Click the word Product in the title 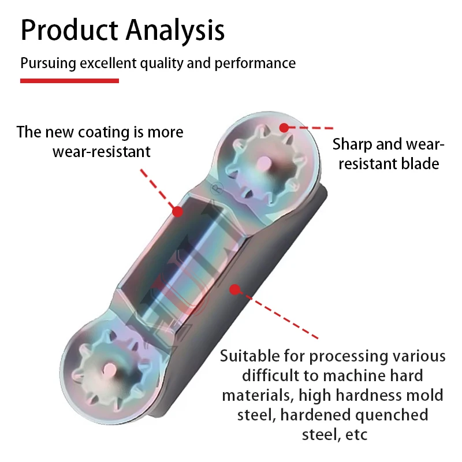click(69, 30)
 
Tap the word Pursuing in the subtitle click(48, 64)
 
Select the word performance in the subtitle click(255, 64)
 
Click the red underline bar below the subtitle click(69, 81)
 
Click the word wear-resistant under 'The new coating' click(102, 152)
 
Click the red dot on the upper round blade click(284, 128)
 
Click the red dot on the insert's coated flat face click(178, 211)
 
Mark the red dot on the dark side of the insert click(235, 290)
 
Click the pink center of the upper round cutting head click(264, 163)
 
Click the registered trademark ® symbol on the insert click(217, 189)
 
